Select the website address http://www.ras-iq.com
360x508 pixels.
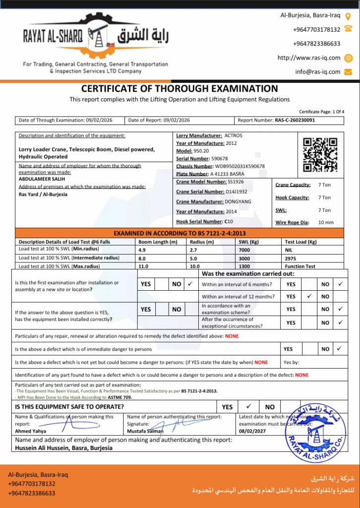coord(309,58)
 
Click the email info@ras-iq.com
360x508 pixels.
coord(318,71)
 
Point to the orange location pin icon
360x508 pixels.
coord(348,16)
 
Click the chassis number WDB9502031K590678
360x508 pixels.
coord(240,166)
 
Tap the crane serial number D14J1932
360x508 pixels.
coord(237,191)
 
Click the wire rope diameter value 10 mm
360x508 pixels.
coord(326,222)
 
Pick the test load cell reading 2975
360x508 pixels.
coord(291,258)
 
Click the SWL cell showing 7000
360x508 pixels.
coord(244,250)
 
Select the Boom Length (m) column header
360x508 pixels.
coord(158,242)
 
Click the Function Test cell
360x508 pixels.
coord(300,266)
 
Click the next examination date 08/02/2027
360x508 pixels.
coord(253,432)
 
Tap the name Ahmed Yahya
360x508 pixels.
coord(31,432)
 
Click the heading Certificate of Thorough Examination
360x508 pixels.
coord(180,89)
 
